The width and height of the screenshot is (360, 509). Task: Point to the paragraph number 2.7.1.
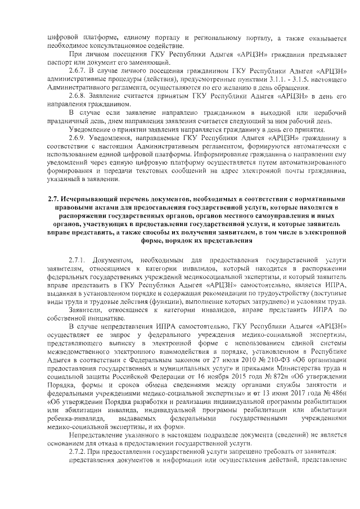(78, 262)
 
